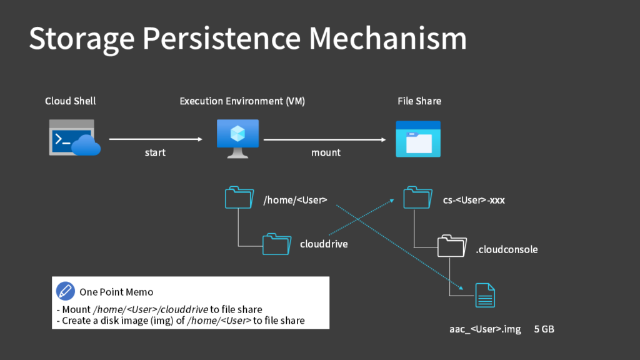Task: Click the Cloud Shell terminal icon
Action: [x=74, y=137]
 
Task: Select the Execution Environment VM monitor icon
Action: [x=237, y=138]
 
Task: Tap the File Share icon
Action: [x=418, y=139]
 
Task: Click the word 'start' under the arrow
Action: [x=155, y=152]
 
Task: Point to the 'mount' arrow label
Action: [x=326, y=152]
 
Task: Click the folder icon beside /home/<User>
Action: [x=239, y=198]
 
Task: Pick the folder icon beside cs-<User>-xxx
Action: [x=417, y=198]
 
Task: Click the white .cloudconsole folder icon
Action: [x=452, y=246]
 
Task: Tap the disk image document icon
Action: [x=485, y=295]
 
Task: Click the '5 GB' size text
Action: [x=544, y=329]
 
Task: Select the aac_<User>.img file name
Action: [x=485, y=329]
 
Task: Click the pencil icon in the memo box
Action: [x=66, y=291]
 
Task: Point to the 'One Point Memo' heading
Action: [x=116, y=292]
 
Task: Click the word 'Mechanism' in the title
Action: [x=388, y=39]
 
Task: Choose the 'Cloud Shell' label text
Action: [x=71, y=101]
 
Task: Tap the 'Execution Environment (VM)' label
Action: [x=242, y=101]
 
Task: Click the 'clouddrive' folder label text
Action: [x=324, y=244]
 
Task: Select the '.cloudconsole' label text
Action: [x=506, y=249]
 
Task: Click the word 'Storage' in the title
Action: [x=81, y=39]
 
